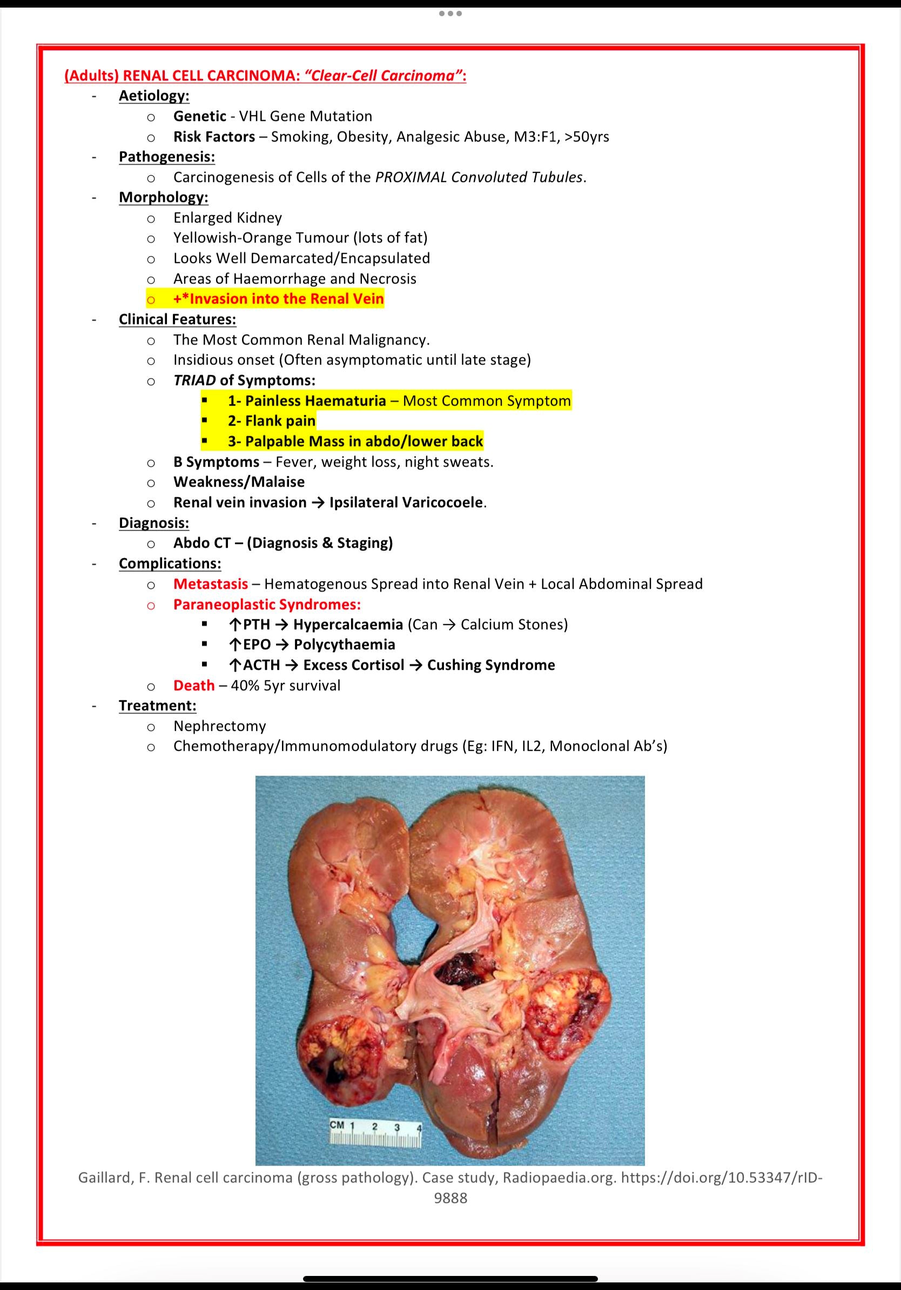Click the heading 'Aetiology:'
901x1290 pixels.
(154, 96)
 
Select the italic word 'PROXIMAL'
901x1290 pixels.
(411, 177)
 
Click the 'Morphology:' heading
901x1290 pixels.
(164, 197)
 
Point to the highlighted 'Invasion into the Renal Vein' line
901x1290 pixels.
(279, 299)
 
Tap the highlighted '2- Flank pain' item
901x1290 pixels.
(272, 421)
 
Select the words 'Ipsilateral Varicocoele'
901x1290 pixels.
(406, 502)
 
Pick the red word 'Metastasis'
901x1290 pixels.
(211, 584)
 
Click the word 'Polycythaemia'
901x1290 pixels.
(344, 644)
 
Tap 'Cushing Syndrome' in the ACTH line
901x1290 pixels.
(491, 664)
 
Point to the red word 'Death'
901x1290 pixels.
(194, 686)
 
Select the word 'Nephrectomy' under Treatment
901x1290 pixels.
(220, 726)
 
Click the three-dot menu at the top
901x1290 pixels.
(450, 14)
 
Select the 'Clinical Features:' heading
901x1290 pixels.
(178, 319)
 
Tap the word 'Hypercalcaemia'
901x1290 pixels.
(348, 624)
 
